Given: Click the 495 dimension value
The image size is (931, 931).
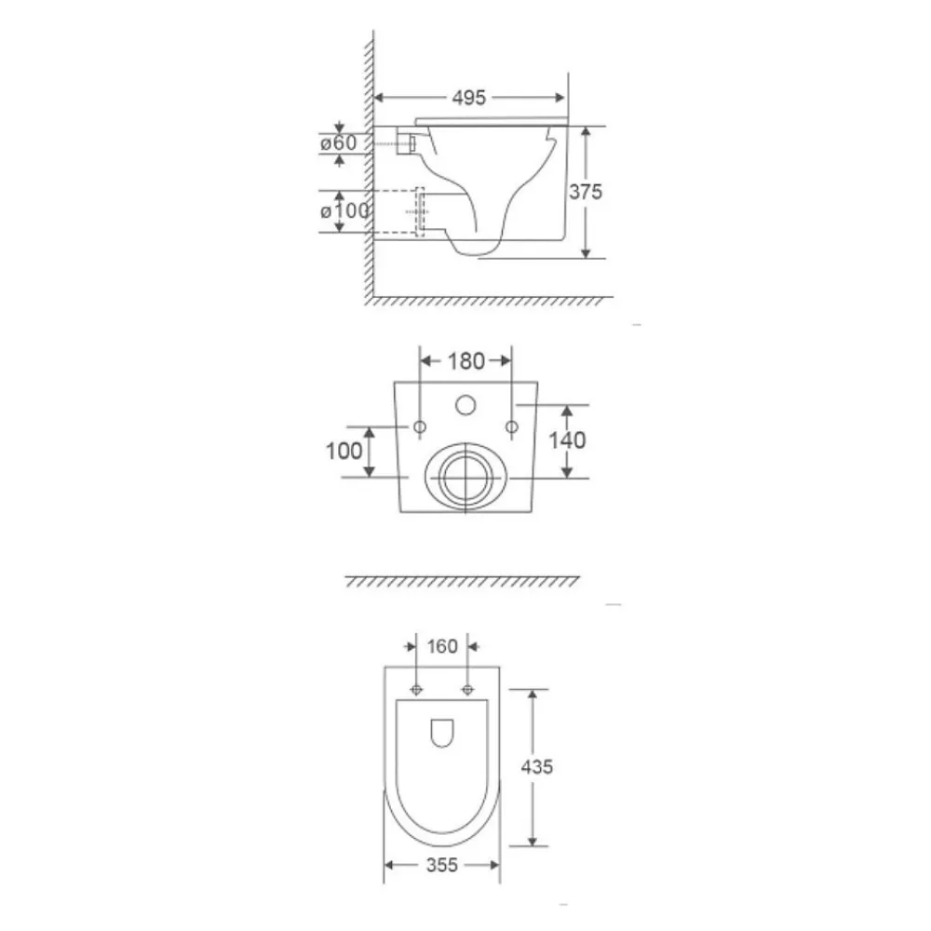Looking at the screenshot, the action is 468,98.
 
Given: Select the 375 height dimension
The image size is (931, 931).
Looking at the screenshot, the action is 586,192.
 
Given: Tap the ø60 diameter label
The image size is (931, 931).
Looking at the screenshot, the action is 338,143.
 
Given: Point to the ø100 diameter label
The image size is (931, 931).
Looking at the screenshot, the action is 344,210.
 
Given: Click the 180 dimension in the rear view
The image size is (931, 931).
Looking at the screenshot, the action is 466,361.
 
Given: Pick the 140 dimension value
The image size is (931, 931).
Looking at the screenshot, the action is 567,440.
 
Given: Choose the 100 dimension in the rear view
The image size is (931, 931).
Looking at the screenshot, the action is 344,452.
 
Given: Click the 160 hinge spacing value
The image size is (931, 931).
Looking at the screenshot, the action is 442,646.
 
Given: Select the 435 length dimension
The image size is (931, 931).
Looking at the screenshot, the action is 537,767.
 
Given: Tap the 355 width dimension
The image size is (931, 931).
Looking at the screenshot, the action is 442,865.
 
